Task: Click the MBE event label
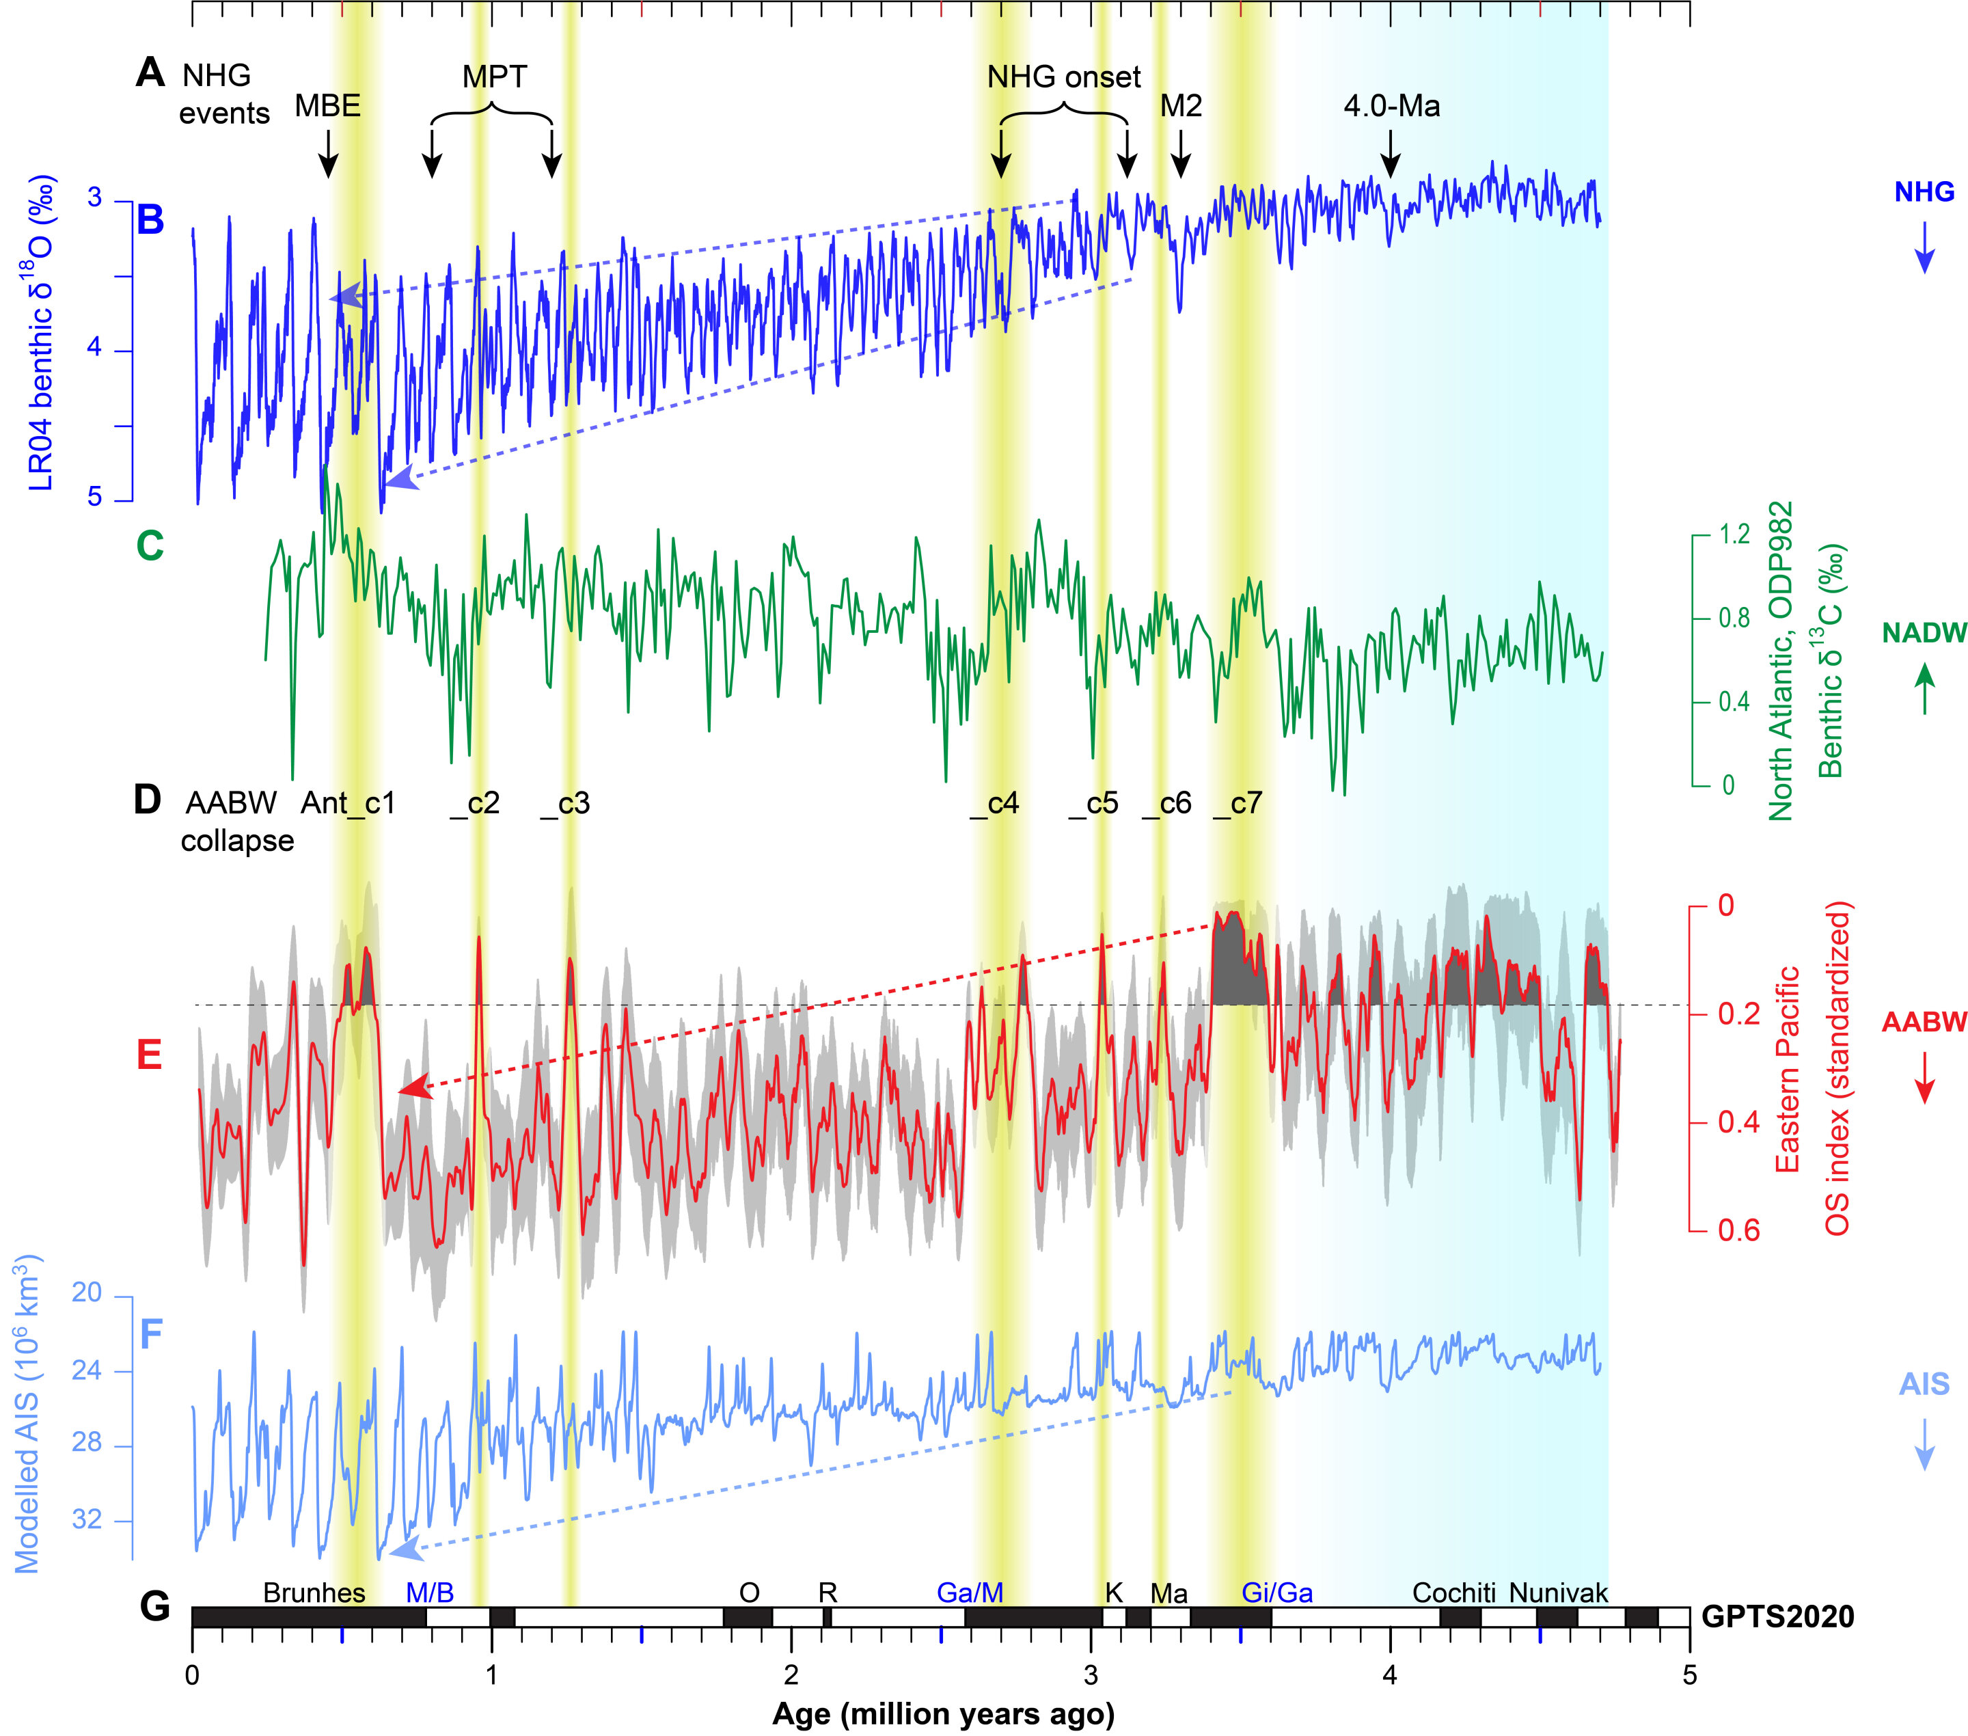click(327, 105)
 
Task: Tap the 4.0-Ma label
click(1391, 105)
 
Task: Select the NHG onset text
click(1064, 77)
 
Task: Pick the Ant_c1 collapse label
click(348, 803)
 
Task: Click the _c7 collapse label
click(1238, 803)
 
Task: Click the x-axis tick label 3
click(1090, 1674)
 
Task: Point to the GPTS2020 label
click(1777, 1616)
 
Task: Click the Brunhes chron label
click(314, 1592)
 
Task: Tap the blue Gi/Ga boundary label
click(1276, 1592)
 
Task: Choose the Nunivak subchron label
click(1558, 1592)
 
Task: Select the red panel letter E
click(149, 1055)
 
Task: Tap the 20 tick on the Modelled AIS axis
click(87, 1293)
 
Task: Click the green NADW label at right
click(1924, 633)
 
